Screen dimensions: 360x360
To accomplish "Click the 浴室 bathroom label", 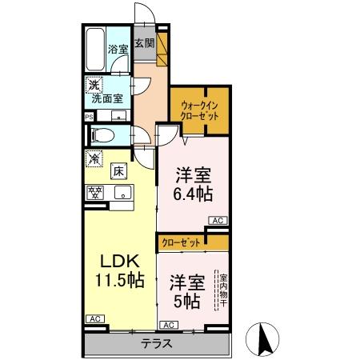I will pyautogui.click(x=118, y=48).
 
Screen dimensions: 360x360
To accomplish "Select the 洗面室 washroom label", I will pyautogui.click(x=106, y=99).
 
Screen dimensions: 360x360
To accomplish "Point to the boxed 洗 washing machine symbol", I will pyautogui.click(x=94, y=85).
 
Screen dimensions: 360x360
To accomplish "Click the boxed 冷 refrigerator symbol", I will pyautogui.click(x=94, y=158).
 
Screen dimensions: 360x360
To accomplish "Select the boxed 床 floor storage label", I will pyautogui.click(x=118, y=170).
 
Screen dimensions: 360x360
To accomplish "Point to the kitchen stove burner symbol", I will pyautogui.click(x=95, y=192).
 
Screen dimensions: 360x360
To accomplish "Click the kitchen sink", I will pyautogui.click(x=122, y=191).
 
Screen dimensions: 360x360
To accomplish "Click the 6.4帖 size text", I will pyautogui.click(x=193, y=193).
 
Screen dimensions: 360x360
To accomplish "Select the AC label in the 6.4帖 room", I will pyautogui.click(x=216, y=220).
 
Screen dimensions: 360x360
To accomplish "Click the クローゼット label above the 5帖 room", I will pyautogui.click(x=181, y=241).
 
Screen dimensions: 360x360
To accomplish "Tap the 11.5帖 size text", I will pyautogui.click(x=120, y=281).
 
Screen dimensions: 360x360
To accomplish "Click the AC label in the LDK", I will pyautogui.click(x=94, y=320).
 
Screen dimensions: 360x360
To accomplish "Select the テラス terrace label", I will pyautogui.click(x=158, y=344).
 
